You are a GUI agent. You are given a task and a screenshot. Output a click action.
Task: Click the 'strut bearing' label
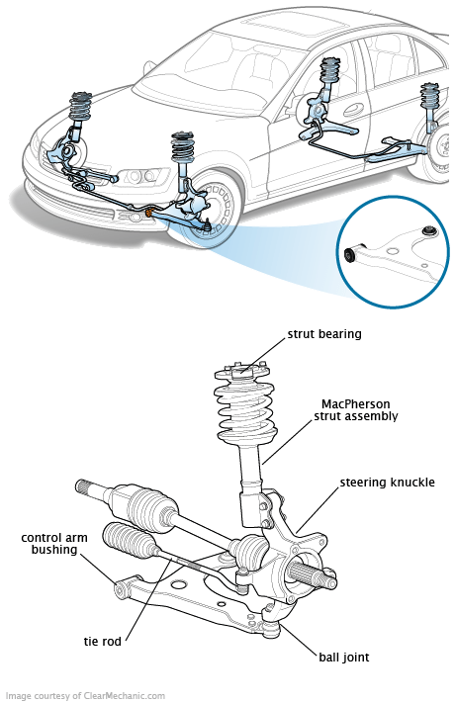(x=324, y=334)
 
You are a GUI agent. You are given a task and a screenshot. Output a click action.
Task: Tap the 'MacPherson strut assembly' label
(x=356, y=410)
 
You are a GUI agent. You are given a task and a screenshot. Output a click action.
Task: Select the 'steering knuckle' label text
(x=387, y=483)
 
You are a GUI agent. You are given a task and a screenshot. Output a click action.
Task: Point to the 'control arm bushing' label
(x=54, y=544)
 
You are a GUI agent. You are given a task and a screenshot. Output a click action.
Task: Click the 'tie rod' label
(x=103, y=641)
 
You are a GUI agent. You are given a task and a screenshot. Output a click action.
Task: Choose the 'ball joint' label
(x=344, y=658)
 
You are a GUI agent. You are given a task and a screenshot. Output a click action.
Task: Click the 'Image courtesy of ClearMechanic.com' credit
(x=85, y=696)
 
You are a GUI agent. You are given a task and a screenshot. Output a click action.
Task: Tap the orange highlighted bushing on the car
(x=150, y=211)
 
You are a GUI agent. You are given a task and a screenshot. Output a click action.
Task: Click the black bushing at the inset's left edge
(x=350, y=254)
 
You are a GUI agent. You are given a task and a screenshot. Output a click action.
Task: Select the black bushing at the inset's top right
(x=429, y=231)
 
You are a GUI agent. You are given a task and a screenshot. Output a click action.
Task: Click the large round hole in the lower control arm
(x=179, y=584)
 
